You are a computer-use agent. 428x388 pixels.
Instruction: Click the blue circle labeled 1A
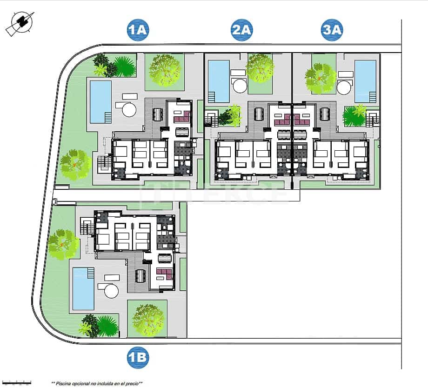click(x=138, y=30)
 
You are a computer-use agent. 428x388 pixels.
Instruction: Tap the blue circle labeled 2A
click(x=241, y=30)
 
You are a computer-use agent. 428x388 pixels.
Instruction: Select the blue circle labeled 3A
click(x=332, y=30)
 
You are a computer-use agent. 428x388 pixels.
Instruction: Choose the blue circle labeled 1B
click(x=138, y=357)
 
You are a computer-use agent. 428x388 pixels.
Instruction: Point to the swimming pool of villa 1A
click(x=100, y=101)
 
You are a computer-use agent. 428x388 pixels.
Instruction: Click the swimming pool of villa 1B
click(x=83, y=288)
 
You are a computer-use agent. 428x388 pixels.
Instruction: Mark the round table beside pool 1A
click(x=129, y=110)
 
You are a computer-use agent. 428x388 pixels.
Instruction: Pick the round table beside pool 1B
click(x=111, y=291)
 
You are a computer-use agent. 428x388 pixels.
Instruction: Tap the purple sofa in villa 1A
click(x=181, y=117)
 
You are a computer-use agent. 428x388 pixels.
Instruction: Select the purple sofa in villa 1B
click(x=163, y=272)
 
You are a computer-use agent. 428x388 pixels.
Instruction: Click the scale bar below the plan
click(x=16, y=383)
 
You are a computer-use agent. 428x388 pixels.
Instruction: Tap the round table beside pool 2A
click(x=240, y=86)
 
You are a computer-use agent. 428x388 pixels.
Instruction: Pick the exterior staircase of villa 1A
click(x=105, y=163)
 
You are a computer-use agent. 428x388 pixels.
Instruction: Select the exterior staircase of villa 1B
click(x=87, y=227)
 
